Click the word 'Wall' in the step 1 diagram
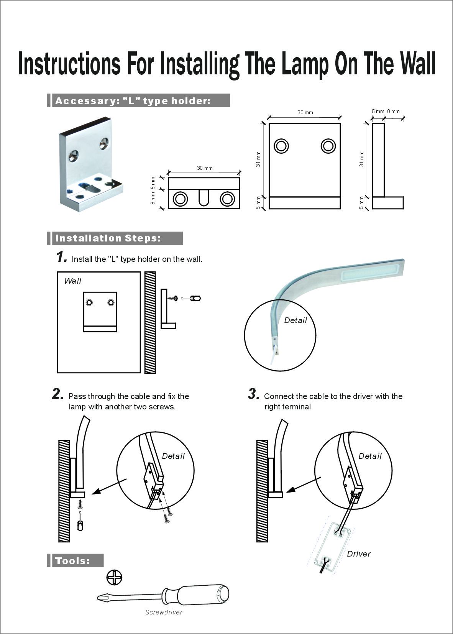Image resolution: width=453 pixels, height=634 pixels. [72, 281]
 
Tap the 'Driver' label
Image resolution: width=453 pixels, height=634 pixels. [359, 554]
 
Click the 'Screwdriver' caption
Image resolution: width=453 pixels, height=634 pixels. [164, 612]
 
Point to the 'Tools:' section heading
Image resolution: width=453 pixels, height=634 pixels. [73, 561]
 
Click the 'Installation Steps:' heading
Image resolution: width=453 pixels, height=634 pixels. [108, 238]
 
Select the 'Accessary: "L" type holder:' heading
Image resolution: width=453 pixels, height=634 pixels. [133, 101]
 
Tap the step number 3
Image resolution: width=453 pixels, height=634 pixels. [254, 394]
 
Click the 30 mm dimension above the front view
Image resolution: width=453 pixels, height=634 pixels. [305, 112]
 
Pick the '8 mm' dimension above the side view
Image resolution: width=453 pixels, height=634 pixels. [393, 112]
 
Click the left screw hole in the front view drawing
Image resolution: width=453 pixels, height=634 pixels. [281, 146]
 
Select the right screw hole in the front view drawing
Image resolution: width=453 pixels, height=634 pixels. [328, 146]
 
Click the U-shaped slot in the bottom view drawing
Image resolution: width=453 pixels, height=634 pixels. [204, 197]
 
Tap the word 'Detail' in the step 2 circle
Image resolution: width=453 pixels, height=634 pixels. [173, 456]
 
